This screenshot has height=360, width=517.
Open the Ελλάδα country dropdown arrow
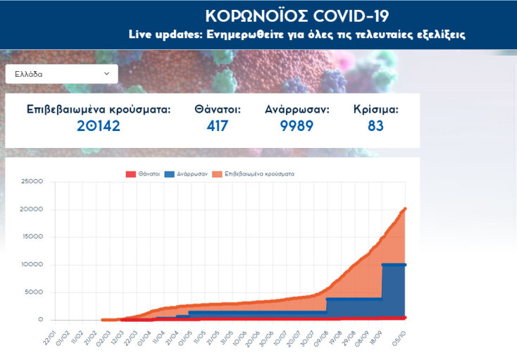[x=107, y=73]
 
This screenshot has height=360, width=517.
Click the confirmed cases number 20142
[x=99, y=126]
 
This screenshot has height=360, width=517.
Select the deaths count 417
[x=218, y=126]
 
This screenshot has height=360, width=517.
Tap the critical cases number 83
[x=375, y=126]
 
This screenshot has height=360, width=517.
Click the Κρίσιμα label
[x=375, y=109]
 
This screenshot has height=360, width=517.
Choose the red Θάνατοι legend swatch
[x=130, y=173]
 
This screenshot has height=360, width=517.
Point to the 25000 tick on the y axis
[x=32, y=182]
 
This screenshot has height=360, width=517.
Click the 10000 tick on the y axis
[x=32, y=265]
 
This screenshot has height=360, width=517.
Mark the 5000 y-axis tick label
[x=35, y=292]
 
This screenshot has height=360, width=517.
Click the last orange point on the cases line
[x=405, y=209]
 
